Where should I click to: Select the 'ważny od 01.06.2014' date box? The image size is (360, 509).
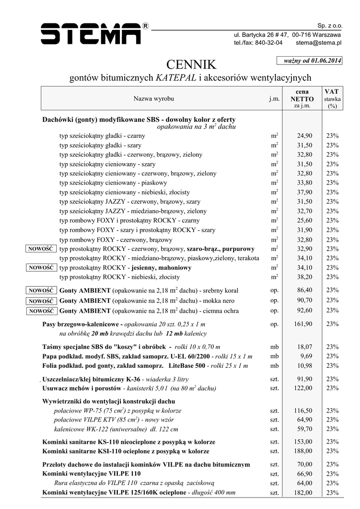[309, 61]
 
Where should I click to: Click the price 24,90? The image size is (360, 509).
[304, 136]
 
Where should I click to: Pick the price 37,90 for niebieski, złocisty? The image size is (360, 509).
[304, 192]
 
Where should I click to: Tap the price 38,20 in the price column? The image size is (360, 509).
[304, 277]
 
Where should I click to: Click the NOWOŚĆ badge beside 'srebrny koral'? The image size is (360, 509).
[41, 290]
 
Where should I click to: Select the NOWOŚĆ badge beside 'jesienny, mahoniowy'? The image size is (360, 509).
[41, 267]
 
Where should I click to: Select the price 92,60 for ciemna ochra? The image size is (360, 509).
[304, 311]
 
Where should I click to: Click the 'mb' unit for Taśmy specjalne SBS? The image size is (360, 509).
[274, 347]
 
